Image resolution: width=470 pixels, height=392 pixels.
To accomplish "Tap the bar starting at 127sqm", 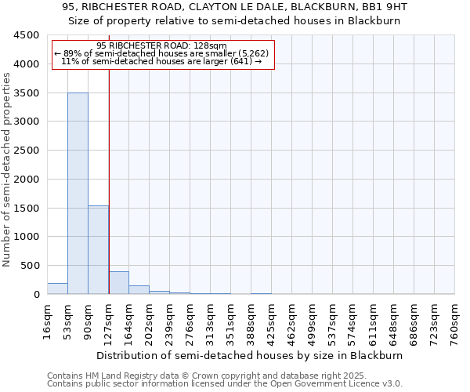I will (x=118, y=283).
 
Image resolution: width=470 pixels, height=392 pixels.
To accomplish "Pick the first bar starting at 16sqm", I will (x=57, y=289).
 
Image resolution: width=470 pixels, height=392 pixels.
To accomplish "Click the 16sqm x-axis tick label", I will (x=48, y=321).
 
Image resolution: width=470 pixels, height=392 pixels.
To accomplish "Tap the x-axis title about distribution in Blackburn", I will (x=251, y=355).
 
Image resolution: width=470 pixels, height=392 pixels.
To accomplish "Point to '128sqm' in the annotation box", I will (x=212, y=45).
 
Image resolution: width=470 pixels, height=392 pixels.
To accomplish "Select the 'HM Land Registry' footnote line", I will (x=223, y=376).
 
